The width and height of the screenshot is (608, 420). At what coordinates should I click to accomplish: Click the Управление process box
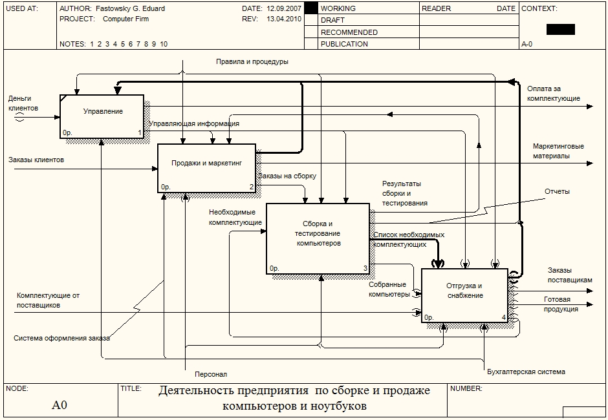(x=102, y=116)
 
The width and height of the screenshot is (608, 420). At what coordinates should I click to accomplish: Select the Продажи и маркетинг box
(x=206, y=167)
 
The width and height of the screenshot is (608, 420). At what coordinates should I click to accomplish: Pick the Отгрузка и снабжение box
(x=464, y=295)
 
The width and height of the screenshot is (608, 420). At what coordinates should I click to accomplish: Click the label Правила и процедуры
(x=252, y=62)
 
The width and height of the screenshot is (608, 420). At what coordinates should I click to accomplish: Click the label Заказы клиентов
(x=36, y=159)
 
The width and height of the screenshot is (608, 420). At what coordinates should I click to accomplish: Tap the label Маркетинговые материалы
(x=558, y=151)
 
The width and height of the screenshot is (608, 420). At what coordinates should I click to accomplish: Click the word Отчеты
(x=557, y=192)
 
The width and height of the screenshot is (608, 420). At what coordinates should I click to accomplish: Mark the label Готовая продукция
(x=561, y=304)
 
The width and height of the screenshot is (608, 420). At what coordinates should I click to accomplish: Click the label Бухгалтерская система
(x=526, y=372)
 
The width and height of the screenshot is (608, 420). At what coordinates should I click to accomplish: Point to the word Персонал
(x=211, y=374)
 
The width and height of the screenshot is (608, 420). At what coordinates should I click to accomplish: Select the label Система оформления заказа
(x=61, y=338)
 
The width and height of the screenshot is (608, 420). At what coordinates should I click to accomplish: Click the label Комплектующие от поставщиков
(x=48, y=300)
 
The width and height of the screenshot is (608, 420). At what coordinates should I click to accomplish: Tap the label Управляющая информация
(x=194, y=123)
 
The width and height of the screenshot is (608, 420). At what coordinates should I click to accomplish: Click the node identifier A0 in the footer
(x=60, y=406)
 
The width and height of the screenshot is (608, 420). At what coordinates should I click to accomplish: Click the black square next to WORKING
(x=310, y=8)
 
